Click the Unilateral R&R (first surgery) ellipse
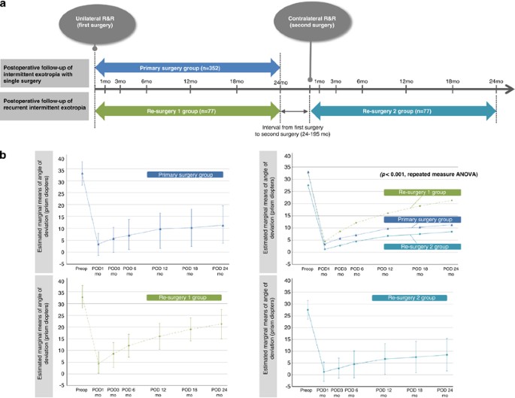point(94,20)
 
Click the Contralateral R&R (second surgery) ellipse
point(310,20)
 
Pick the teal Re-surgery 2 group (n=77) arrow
point(404,111)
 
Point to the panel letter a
point(5,4)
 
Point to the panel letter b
point(5,155)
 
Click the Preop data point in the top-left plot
point(82,173)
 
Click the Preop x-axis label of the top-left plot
point(81,266)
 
